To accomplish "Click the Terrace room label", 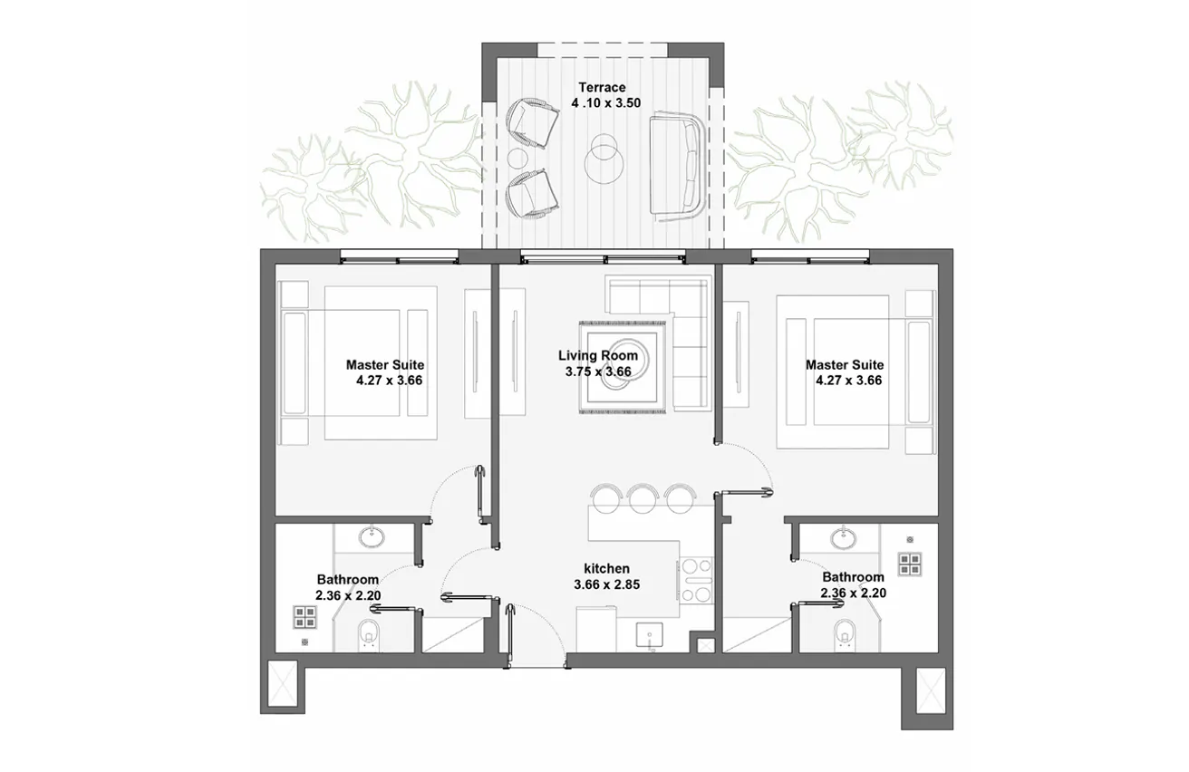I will pos(605,88).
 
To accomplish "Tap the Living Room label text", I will pos(597,356).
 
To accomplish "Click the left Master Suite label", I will pos(384,365).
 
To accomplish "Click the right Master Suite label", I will pos(844,365).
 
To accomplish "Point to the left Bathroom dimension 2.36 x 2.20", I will pos(348,595).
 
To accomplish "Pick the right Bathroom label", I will pos(853,577).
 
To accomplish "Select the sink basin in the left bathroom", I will pos(372,537).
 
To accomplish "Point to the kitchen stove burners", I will pos(695,581).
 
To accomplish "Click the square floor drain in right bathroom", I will pos(909,565).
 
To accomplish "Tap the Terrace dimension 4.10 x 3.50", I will pos(605,103).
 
